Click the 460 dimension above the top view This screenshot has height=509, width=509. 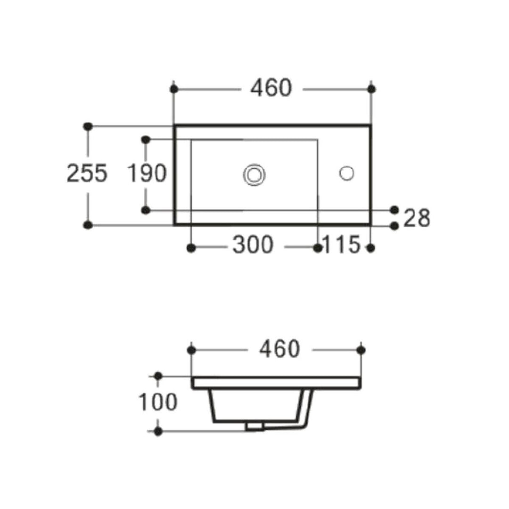point(271,88)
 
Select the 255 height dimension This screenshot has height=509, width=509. point(87,173)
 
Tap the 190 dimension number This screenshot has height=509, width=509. point(147,173)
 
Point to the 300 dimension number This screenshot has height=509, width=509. point(253,245)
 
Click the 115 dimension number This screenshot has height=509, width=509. point(342,245)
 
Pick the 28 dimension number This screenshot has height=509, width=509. point(417,218)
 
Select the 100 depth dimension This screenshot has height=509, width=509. point(158,402)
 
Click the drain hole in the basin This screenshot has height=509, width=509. point(254,174)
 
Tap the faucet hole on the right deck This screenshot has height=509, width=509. point(346,173)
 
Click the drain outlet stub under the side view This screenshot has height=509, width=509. point(254,426)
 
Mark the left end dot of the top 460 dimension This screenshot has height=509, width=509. point(174,89)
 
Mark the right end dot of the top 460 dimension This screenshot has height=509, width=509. point(371,89)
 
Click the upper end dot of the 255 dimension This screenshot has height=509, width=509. point(87,126)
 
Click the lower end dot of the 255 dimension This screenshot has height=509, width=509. point(87,225)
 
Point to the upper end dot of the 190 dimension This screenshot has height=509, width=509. point(146,140)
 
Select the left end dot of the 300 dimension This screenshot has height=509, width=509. point(191,248)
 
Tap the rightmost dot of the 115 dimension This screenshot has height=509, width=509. point(371,248)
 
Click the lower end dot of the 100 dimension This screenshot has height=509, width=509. point(158,431)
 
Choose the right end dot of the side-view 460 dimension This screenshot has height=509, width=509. point(361,350)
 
